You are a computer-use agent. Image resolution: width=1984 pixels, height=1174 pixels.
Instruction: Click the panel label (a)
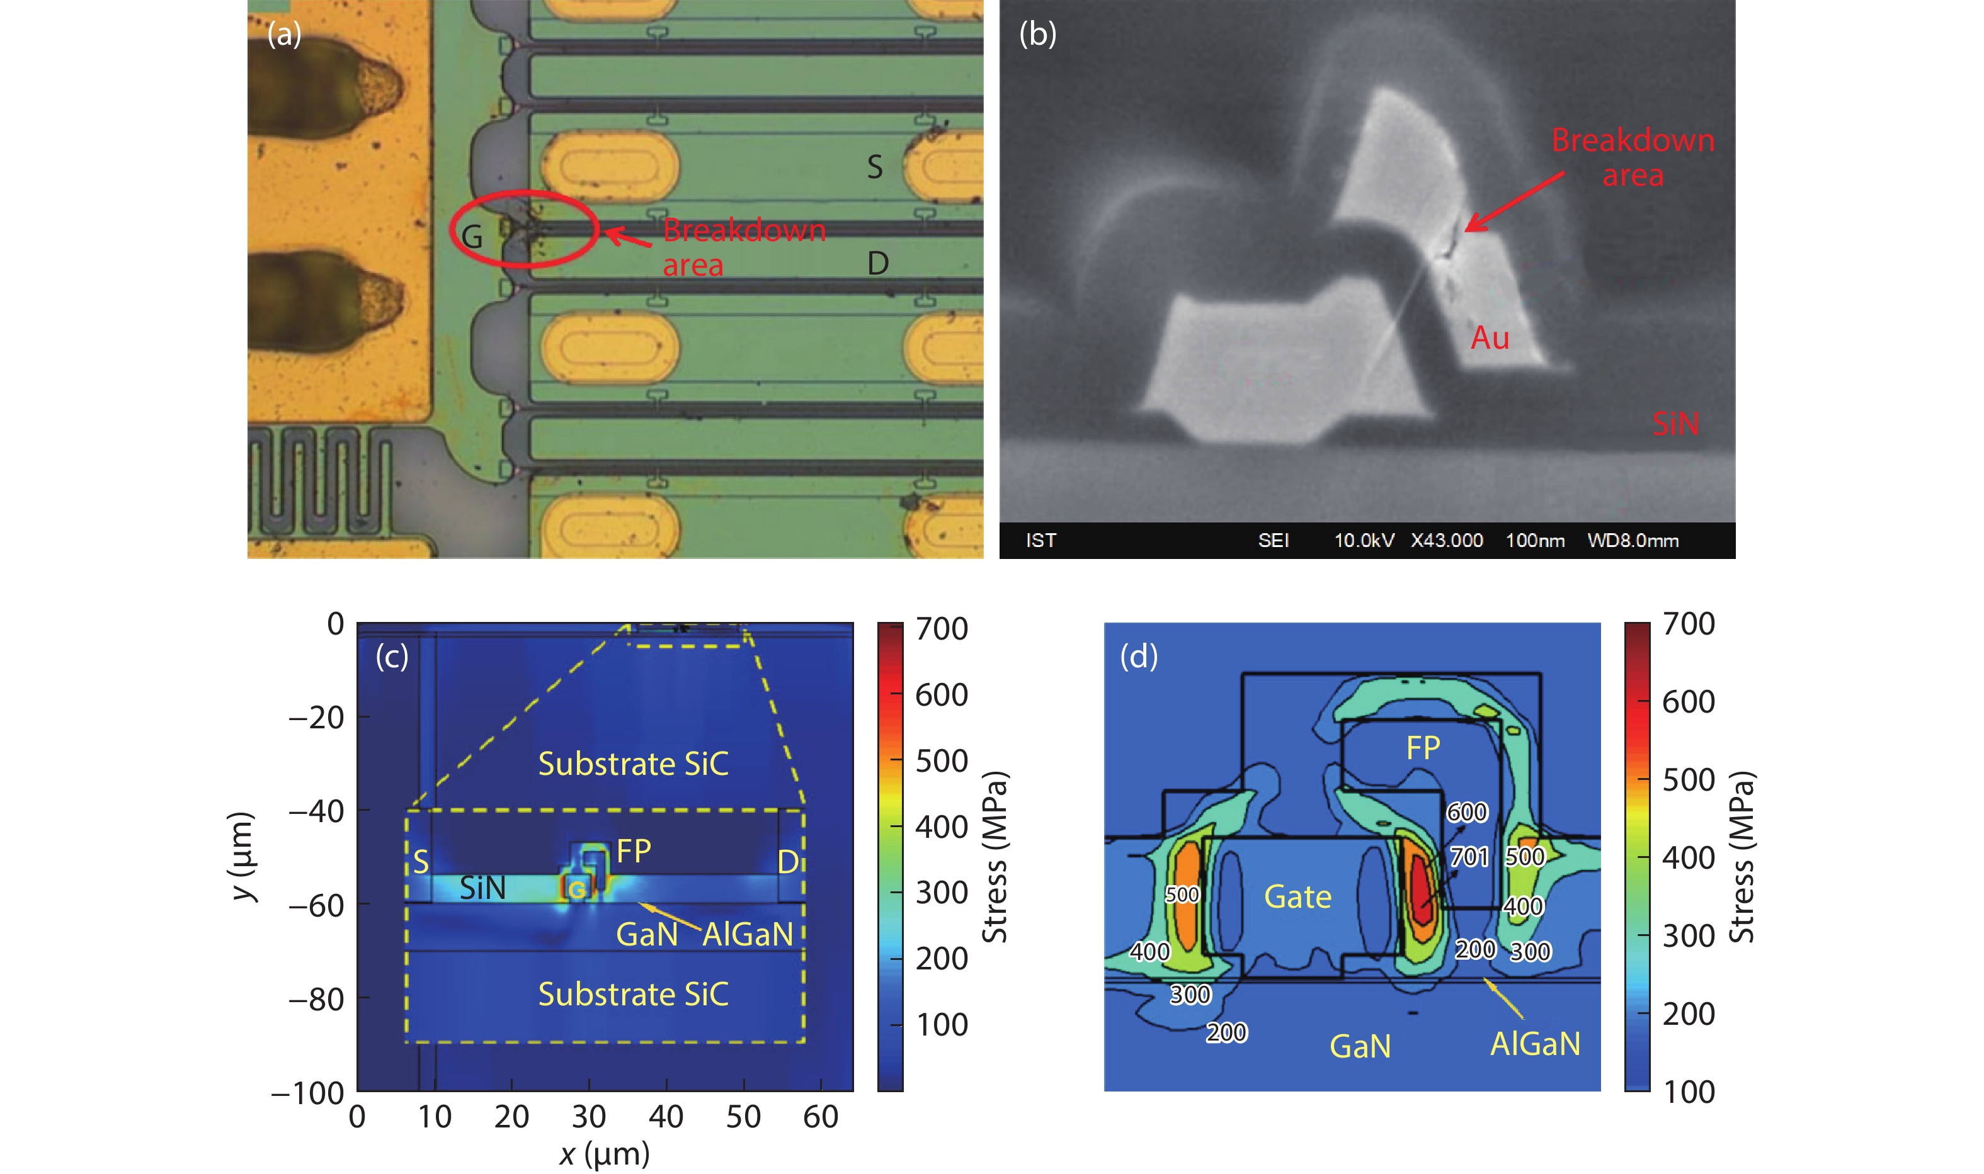click(x=284, y=35)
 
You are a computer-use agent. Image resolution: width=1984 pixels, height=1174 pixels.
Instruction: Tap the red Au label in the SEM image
click(x=1490, y=338)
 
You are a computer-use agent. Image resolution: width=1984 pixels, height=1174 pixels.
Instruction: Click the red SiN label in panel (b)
click(x=1675, y=424)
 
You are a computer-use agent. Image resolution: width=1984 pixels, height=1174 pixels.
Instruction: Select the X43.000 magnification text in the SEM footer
click(x=1446, y=540)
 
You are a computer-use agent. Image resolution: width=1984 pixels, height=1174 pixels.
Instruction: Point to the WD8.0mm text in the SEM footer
click(x=1633, y=540)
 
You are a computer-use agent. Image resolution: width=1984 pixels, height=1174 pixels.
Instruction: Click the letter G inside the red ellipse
click(x=472, y=237)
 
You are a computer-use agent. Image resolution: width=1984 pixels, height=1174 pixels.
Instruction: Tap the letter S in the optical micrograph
click(x=874, y=167)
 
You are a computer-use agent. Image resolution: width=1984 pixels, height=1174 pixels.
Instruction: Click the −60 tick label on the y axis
click(x=317, y=905)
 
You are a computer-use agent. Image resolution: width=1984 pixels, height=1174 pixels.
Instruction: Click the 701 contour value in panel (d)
click(x=1469, y=857)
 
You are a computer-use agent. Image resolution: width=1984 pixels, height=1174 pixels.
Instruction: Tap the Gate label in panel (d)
click(x=1298, y=897)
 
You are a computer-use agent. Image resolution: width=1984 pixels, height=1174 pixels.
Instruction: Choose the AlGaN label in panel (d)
click(x=1536, y=1044)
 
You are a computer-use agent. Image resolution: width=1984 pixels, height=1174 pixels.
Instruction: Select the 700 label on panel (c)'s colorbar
click(x=942, y=629)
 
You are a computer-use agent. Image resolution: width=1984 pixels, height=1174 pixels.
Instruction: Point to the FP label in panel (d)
click(x=1423, y=748)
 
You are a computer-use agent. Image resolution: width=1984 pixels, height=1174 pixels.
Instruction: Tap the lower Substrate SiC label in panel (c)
click(x=633, y=995)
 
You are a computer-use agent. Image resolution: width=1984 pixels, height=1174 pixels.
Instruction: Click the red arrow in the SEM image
click(x=1514, y=201)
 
